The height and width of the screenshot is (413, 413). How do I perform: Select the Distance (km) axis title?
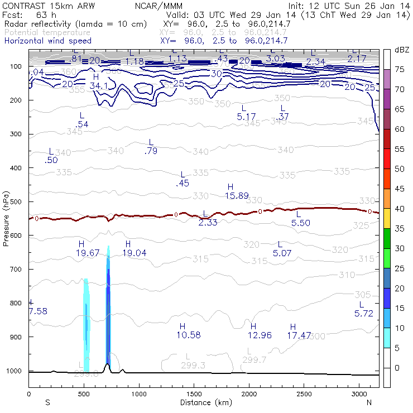(204, 402)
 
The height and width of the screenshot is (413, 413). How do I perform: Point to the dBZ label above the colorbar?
(401, 50)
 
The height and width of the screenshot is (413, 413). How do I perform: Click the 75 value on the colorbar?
(400, 69)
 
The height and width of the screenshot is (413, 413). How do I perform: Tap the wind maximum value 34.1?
(98, 86)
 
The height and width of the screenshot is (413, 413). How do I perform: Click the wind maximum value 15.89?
(237, 195)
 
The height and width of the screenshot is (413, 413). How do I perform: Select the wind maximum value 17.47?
(299, 335)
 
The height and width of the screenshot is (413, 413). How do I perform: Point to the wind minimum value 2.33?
(209, 222)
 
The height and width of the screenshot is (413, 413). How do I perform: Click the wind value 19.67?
(87, 253)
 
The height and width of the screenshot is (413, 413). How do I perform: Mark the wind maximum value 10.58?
(189, 335)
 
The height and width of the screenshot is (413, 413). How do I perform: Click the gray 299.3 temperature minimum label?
(194, 364)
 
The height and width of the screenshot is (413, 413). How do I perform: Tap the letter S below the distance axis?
(47, 402)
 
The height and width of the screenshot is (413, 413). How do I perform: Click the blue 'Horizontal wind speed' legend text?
(47, 41)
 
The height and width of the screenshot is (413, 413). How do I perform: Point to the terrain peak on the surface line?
(107, 364)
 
